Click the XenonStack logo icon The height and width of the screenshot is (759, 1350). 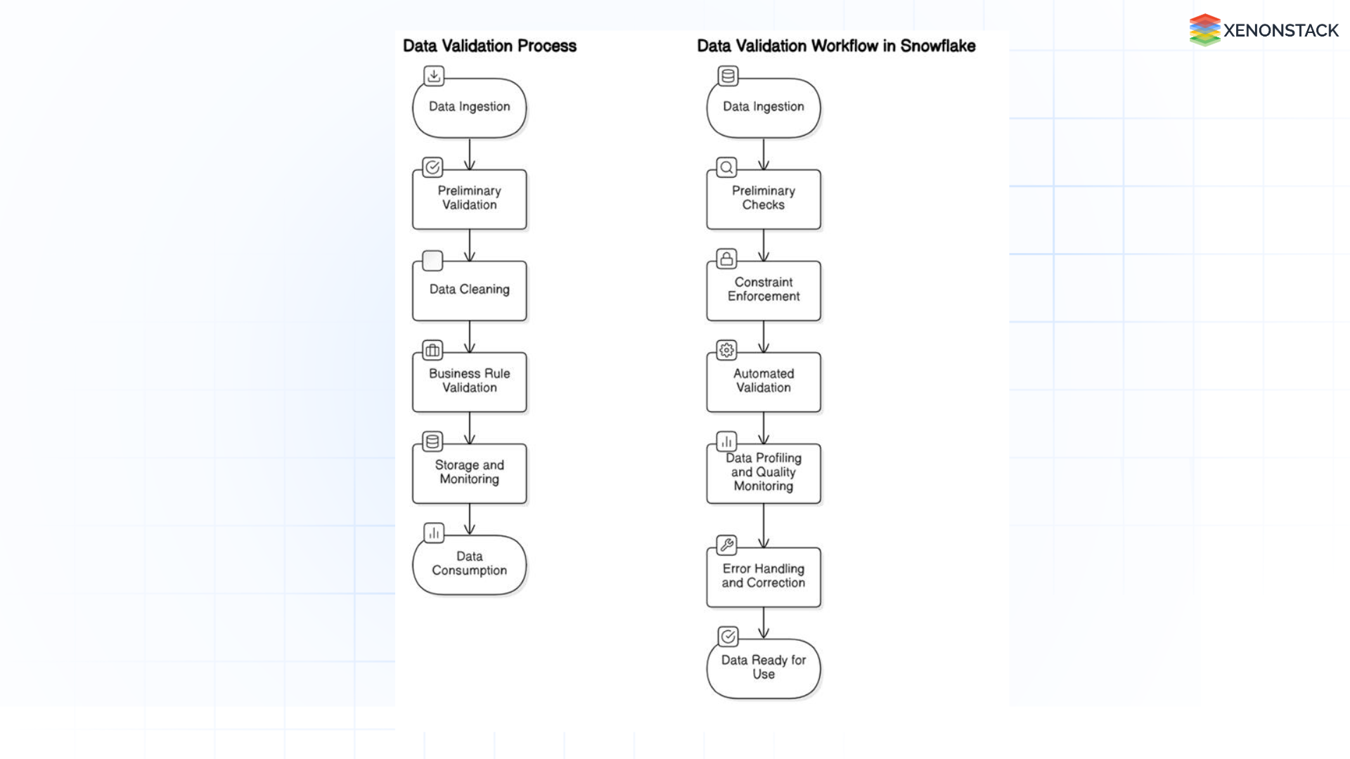tap(1204, 30)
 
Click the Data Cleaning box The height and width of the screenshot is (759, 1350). tap(469, 290)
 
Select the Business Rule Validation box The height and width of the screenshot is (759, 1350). tap(469, 382)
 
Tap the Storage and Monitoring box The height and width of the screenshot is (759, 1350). tap(469, 473)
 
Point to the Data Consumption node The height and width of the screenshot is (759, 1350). tap(469, 564)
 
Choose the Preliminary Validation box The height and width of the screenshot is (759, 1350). tap(469, 199)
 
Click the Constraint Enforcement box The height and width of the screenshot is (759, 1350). tap(763, 290)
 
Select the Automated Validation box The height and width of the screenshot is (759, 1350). tap(763, 382)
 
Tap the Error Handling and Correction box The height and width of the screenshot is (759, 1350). tap(763, 577)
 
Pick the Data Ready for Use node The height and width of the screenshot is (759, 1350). tap(763, 668)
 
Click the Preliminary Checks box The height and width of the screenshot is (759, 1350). tap(763, 199)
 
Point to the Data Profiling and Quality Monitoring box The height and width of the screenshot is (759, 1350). tap(763, 473)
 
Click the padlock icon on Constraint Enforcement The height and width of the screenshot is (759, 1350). tap(726, 259)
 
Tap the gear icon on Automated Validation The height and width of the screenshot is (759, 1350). tap(726, 350)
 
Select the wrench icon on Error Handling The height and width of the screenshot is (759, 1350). tap(726, 545)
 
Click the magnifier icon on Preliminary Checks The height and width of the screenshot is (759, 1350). tap(726, 167)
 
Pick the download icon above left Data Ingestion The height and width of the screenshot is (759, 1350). tap(434, 76)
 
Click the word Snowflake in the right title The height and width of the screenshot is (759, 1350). tap(937, 46)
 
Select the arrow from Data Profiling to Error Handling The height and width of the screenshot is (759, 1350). tap(763, 525)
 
